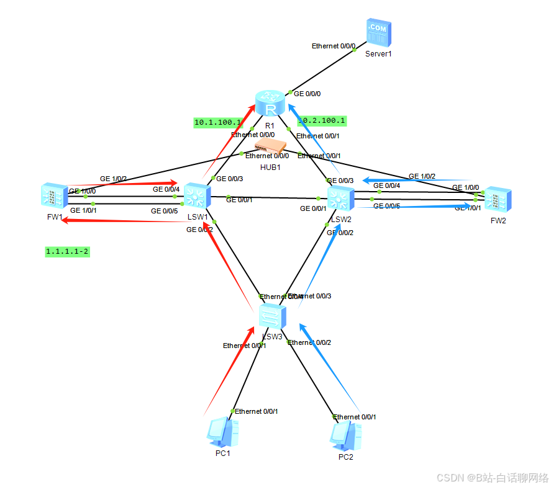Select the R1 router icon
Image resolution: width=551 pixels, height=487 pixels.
click(270, 102)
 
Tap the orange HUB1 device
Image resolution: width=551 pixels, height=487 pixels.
click(271, 146)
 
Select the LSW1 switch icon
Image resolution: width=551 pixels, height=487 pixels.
click(197, 197)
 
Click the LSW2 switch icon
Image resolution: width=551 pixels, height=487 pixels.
click(340, 199)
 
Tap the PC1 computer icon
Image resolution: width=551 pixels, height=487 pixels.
click(222, 432)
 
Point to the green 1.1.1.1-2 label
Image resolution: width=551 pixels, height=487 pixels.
click(67, 251)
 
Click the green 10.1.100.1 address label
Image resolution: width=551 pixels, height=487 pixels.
click(217, 123)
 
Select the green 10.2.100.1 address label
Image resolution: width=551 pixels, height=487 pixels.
click(322, 120)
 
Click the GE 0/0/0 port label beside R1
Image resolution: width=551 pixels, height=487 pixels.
click(307, 94)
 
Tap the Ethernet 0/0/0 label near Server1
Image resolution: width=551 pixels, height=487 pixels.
click(334, 46)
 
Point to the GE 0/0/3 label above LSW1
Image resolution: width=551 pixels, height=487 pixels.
click(230, 178)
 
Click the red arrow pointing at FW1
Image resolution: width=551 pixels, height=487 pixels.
click(124, 220)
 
